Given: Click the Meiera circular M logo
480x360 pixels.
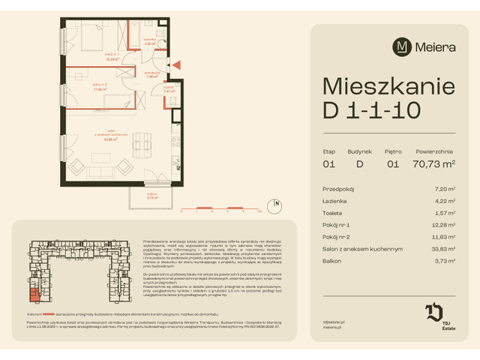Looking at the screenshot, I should point(402,46).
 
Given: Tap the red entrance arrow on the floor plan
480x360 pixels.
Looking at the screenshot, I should point(175,67).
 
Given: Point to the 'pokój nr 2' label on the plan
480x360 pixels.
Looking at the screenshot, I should point(91,87).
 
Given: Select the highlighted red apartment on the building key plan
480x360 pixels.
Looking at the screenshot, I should point(35,295).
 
